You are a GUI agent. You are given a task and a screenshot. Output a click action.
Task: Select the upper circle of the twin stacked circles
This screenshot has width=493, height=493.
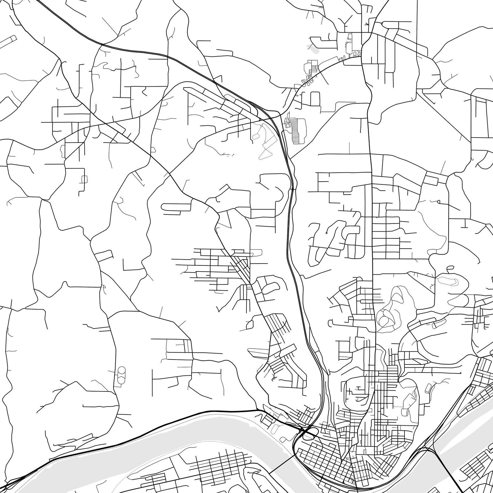[x=121, y=370]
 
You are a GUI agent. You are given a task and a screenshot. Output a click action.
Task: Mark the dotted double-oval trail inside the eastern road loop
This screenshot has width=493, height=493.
[x=447, y=280]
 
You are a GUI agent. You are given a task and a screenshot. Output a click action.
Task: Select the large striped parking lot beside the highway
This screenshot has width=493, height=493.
[x=296, y=130]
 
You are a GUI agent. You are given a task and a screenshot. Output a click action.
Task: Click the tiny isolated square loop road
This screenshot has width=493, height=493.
[x=84, y=179]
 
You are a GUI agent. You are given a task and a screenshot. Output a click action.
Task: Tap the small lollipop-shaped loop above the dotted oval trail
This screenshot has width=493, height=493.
[x=450, y=268]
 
